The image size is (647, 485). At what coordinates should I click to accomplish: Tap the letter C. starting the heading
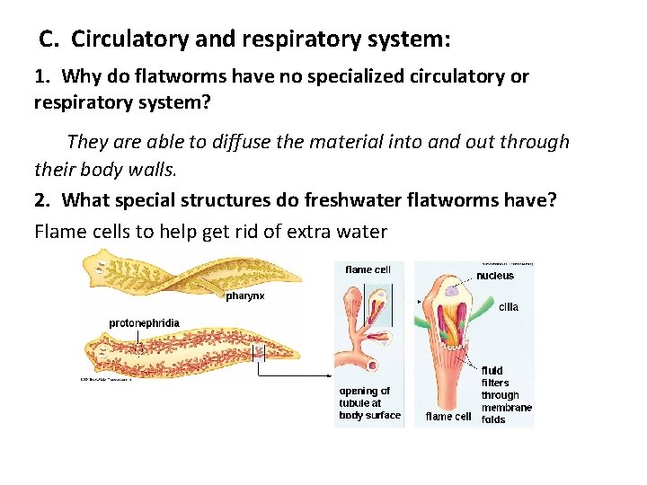coord(50,40)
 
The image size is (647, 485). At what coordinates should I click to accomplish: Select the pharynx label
coord(244,296)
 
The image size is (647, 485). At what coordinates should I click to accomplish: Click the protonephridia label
coord(144,322)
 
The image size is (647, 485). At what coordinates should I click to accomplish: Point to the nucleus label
coord(495,276)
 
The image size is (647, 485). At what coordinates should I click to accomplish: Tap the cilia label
coord(508,307)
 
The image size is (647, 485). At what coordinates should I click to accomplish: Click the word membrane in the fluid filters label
coord(506,407)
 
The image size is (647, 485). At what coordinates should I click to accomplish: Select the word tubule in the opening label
coord(357,403)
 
